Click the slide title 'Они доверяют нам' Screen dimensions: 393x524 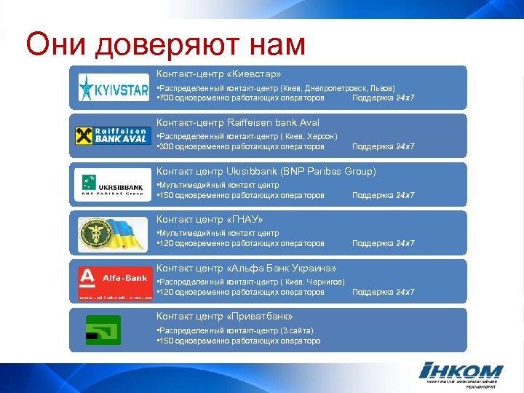(165, 44)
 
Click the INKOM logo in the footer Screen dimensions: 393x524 (462, 373)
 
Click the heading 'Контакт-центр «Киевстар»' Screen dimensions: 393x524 (218, 74)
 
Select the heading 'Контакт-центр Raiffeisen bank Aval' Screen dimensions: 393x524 (238, 123)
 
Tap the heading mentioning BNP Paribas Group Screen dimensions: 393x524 (266, 172)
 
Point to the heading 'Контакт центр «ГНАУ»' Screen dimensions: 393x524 (210, 220)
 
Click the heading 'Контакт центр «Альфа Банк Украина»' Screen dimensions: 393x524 (247, 268)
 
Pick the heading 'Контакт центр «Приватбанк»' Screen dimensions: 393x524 (225, 317)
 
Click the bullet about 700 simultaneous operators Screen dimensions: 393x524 (241, 98)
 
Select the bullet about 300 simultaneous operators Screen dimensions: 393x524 (241, 146)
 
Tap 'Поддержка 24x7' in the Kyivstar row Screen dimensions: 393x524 (383, 98)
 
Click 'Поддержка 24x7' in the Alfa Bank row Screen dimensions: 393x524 (383, 292)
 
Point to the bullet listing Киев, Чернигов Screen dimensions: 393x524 (251, 282)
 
